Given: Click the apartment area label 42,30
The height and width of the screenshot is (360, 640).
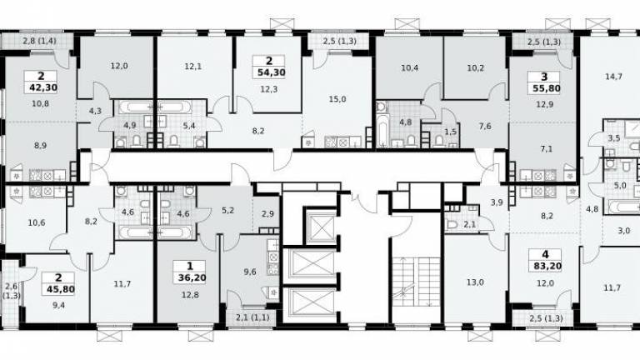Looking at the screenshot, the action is click(x=42, y=87).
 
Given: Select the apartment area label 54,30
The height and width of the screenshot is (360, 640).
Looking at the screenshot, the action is click(x=271, y=72).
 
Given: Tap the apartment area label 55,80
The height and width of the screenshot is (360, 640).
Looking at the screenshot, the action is click(x=547, y=88).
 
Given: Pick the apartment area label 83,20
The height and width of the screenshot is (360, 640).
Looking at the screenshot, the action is click(x=547, y=267).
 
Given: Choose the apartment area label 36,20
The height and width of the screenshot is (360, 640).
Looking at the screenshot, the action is click(x=192, y=278).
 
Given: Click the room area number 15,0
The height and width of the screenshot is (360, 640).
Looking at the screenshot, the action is click(x=337, y=99).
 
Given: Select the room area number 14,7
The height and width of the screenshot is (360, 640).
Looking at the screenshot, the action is click(x=613, y=77).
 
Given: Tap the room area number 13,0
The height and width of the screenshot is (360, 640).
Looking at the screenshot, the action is click(x=475, y=282).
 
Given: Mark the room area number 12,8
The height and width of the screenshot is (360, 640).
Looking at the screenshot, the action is click(x=190, y=294).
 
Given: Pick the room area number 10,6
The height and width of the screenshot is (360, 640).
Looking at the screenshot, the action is click(x=37, y=222).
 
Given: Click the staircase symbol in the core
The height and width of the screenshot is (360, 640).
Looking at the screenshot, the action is click(x=417, y=282).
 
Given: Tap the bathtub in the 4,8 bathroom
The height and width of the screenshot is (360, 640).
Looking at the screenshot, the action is click(x=382, y=132).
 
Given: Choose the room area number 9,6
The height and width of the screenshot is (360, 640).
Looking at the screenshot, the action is click(x=250, y=272).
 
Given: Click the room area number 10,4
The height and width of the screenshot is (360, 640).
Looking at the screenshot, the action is click(x=409, y=68).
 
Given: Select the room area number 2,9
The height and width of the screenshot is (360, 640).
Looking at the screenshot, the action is click(x=267, y=214).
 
